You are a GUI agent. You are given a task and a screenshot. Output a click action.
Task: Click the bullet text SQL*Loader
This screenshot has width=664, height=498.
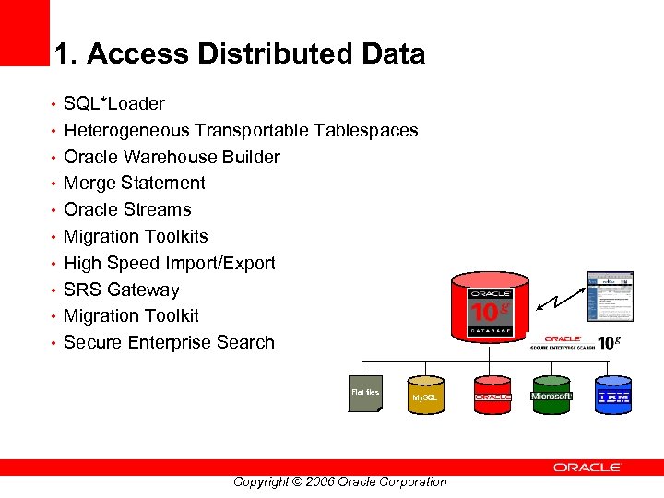point(114,103)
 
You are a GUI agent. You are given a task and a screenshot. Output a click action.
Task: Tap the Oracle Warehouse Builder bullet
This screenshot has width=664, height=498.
point(172,157)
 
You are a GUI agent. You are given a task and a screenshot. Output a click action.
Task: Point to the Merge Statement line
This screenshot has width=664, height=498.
point(135,183)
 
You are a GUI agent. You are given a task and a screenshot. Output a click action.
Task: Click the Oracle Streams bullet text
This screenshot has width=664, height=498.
point(127,209)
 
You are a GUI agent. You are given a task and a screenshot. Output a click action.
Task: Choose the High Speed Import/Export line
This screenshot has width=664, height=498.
point(169,263)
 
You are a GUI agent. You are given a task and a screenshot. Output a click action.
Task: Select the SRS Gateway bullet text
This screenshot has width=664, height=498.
point(121,290)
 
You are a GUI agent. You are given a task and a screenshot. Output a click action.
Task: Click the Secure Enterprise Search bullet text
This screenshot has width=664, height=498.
point(169,342)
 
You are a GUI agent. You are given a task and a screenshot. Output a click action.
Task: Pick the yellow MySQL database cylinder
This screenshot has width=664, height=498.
point(426,395)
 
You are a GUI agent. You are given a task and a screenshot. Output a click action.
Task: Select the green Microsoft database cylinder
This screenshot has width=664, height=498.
point(551,395)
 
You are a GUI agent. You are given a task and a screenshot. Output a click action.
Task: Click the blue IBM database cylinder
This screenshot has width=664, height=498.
point(613,395)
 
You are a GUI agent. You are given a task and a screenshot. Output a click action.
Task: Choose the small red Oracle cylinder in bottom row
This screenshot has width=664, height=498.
point(492,395)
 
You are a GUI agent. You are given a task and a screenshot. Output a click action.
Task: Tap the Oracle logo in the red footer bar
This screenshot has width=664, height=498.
point(587,468)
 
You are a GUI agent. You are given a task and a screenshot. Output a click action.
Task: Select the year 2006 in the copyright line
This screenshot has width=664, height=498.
point(318,481)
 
